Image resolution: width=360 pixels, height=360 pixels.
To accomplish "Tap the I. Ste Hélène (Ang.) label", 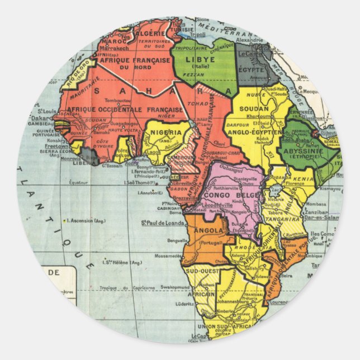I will click(x=121, y=262).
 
